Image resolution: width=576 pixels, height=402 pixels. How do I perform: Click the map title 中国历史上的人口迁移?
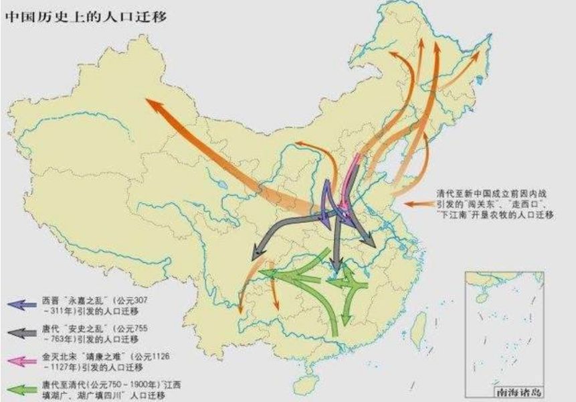(x=86, y=15)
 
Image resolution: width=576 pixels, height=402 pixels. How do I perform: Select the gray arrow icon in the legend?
(x=21, y=333)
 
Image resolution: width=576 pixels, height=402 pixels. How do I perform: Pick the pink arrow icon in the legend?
(x=21, y=362)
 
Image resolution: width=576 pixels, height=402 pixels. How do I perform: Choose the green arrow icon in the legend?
(x=21, y=390)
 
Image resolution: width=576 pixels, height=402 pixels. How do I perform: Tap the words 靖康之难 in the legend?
(x=98, y=358)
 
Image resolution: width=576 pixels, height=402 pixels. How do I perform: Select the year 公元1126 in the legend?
(x=151, y=358)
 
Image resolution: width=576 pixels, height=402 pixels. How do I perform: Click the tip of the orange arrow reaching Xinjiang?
(x=149, y=100)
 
